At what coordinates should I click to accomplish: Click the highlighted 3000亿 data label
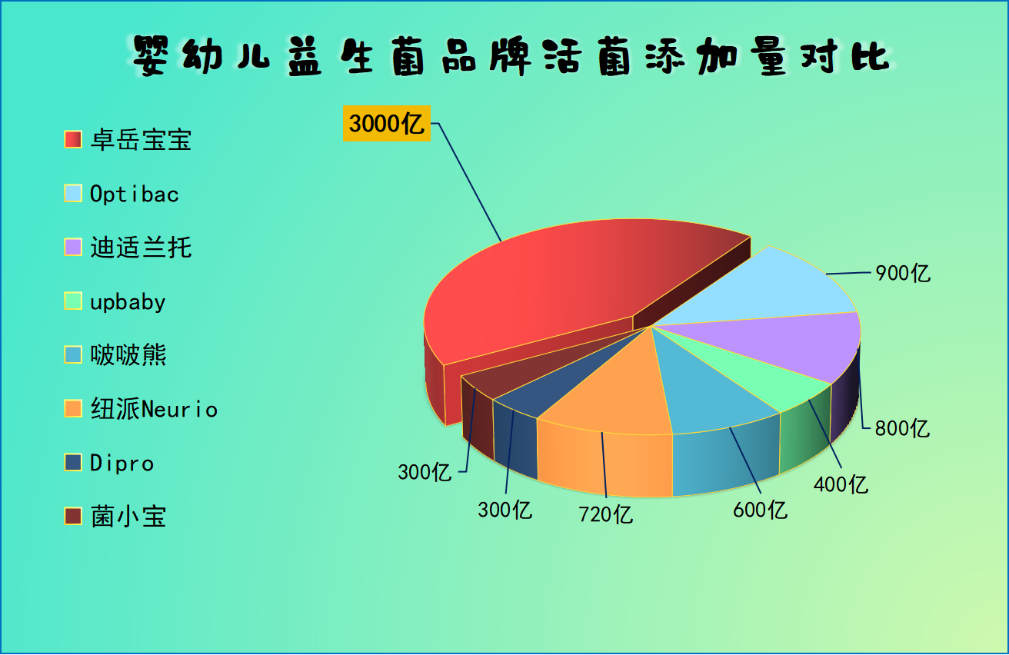(386, 124)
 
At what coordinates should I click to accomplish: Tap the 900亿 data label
(903, 273)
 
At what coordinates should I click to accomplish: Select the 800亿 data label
(902, 427)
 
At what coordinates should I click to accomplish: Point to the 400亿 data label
(841, 484)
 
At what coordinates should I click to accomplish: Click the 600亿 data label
(760, 509)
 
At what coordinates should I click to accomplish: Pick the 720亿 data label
(606, 514)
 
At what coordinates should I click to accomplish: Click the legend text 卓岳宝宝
(141, 140)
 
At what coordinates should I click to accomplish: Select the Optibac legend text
(135, 194)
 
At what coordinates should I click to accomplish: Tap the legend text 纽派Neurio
(154, 409)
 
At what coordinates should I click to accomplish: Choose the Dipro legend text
(122, 463)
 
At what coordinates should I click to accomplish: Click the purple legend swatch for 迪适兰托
(74, 248)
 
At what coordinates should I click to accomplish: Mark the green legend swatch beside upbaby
(74, 301)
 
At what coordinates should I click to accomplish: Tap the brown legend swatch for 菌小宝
(74, 517)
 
